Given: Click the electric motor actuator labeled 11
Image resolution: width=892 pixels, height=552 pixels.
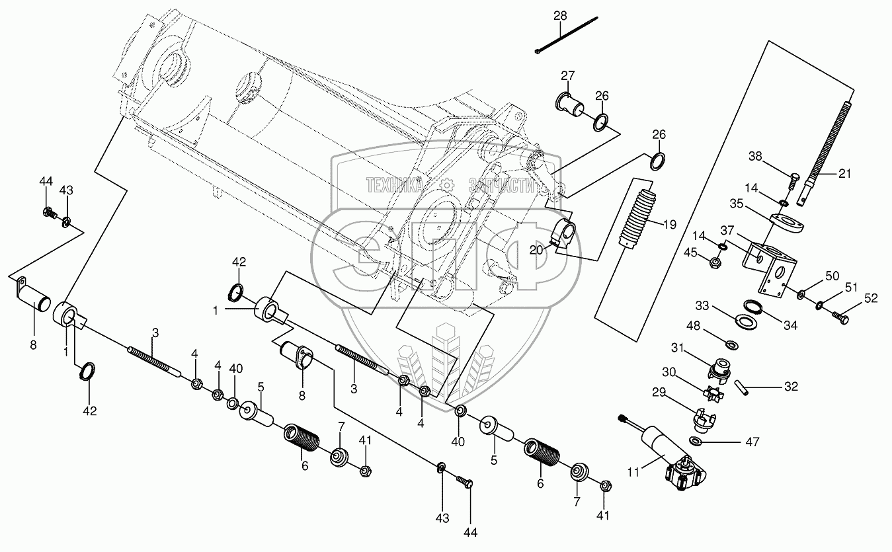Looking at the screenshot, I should point(671,457).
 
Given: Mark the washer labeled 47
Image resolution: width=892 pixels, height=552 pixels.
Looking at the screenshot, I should point(697,441).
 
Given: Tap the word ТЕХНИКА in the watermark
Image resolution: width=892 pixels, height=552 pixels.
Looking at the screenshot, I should point(394,186).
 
